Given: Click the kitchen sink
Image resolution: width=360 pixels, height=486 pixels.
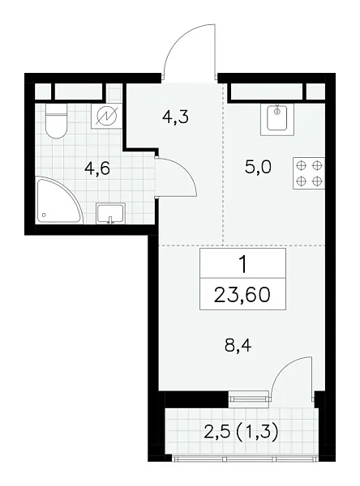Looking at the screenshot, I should click(x=276, y=120).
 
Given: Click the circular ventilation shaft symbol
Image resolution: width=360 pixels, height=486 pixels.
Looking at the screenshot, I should click(x=105, y=117).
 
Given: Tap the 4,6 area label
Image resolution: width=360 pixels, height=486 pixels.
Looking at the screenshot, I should click(x=98, y=168).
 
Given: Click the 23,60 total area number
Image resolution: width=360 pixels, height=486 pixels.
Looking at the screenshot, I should click(x=242, y=294).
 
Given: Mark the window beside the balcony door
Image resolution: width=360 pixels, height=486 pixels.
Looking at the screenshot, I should click(x=248, y=396).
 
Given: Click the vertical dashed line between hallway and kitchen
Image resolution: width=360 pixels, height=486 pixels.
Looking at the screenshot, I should click(x=222, y=162).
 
